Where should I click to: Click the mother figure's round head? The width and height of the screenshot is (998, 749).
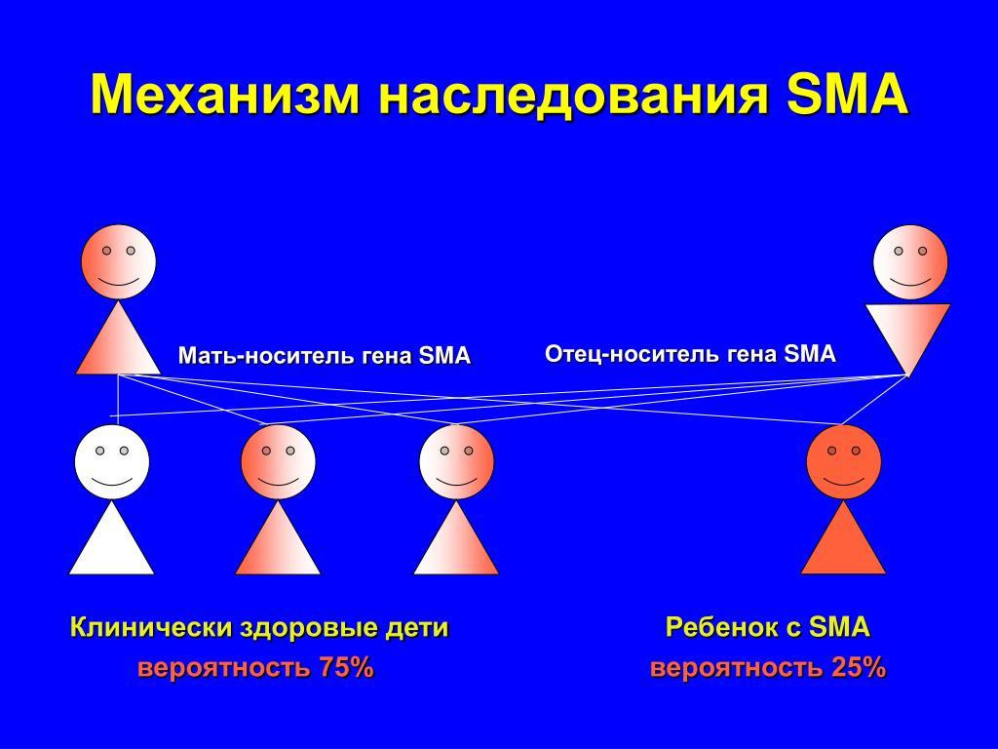tap(118, 261)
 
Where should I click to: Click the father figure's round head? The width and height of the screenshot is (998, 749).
tap(910, 261)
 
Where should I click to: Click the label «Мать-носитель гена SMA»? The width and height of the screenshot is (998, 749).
tap(324, 355)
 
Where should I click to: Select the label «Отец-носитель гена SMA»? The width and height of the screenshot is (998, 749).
tap(690, 353)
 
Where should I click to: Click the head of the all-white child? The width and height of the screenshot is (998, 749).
tap(112, 461)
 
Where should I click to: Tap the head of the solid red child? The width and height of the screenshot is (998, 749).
tap(843, 461)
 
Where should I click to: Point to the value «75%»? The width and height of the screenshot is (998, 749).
tap(346, 668)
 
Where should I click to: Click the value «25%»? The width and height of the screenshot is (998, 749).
tap(859, 668)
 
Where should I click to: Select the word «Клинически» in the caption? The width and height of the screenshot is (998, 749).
tap(151, 627)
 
